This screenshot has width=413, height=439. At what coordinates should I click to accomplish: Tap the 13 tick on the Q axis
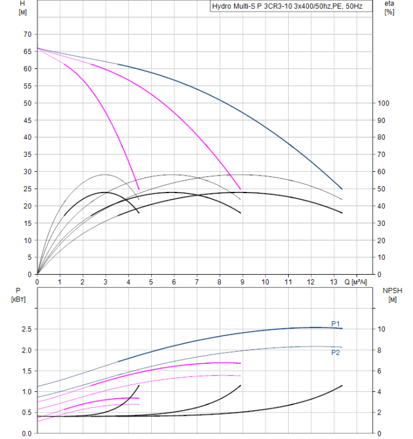[333, 282]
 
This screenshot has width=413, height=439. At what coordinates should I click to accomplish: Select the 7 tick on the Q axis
[197, 282]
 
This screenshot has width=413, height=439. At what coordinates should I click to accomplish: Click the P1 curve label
[336, 324]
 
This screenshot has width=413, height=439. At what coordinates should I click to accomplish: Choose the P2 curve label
[336, 353]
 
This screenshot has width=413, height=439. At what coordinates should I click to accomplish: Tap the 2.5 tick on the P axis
[26, 329]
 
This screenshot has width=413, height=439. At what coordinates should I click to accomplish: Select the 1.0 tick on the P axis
[26, 392]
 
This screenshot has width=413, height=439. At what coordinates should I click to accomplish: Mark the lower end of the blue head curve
[342, 189]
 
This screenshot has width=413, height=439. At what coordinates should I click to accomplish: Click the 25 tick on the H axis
[27, 189]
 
